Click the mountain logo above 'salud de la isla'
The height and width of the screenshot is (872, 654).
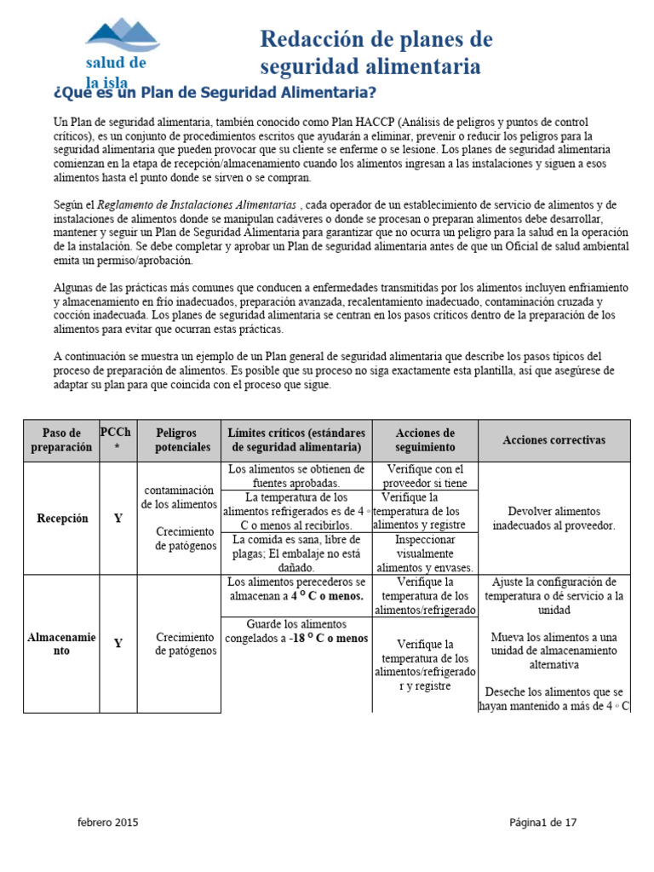(x=122, y=35)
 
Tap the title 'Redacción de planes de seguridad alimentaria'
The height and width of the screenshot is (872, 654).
(x=376, y=53)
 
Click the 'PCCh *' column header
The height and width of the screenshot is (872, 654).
(x=116, y=440)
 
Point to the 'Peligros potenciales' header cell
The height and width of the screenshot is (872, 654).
(x=178, y=440)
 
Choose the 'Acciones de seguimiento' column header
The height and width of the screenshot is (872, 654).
(x=425, y=440)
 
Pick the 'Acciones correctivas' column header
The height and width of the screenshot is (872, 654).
(x=554, y=440)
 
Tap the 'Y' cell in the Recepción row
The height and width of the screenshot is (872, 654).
(x=118, y=519)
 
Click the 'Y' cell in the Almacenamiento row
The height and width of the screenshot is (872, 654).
(x=118, y=644)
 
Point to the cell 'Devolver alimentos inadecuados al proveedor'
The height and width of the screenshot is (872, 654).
(x=554, y=519)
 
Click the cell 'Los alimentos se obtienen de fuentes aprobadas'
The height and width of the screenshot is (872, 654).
(x=296, y=476)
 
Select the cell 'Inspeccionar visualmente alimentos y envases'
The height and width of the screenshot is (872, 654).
(x=425, y=554)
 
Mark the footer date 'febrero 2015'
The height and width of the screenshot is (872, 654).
(x=107, y=823)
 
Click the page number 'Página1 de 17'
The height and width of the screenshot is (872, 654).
(x=543, y=823)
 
